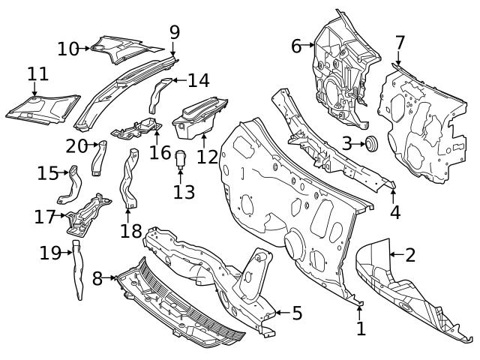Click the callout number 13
(184, 192)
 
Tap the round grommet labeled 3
(372, 143)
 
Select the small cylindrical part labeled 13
(180, 159)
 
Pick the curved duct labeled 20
(99, 158)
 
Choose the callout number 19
(50, 253)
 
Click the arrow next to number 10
(83, 48)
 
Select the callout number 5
(297, 313)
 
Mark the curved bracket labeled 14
(159, 95)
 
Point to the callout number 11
(38, 74)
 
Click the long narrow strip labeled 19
(78, 269)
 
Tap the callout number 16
(160, 152)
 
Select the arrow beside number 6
(308, 45)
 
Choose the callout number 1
(361, 328)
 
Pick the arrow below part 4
(393, 196)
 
